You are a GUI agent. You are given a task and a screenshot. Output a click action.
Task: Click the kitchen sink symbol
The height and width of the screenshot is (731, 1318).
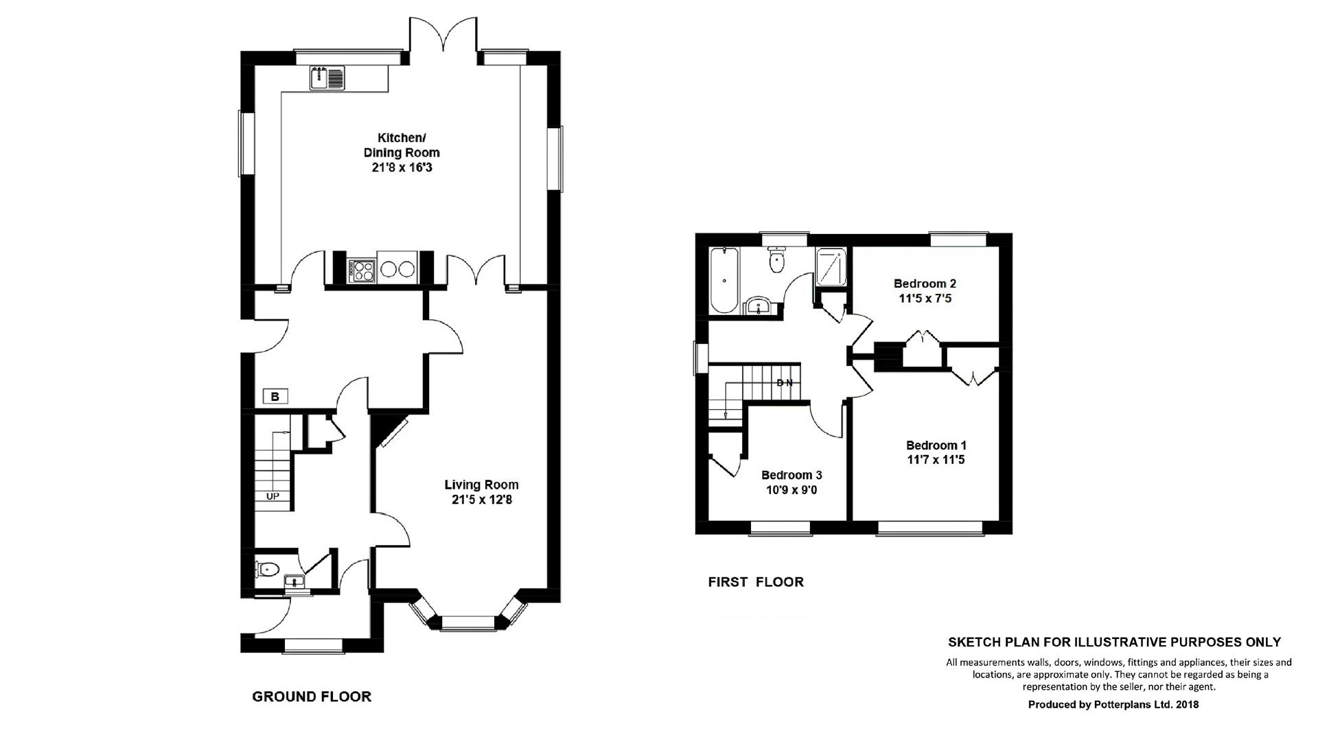pyautogui.click(x=327, y=78)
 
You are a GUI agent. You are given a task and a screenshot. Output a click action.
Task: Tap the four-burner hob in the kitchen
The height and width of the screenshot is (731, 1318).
pyautogui.click(x=361, y=269)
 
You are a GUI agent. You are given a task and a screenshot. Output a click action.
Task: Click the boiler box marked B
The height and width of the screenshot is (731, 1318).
pyautogui.click(x=275, y=396)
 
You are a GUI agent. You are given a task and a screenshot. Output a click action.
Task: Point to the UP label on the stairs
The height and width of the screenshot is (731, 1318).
pyautogui.click(x=273, y=496)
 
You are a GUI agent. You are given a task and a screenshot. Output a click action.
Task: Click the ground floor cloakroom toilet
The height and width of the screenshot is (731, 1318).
pyautogui.click(x=268, y=568)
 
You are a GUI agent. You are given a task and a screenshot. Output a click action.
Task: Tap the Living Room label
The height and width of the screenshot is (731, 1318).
pyautogui.click(x=481, y=485)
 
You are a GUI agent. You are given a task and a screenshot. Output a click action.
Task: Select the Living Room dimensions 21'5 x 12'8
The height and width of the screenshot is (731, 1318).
pyautogui.click(x=481, y=500)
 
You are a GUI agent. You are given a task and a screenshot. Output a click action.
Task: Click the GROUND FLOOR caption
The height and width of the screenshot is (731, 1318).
pyautogui.click(x=312, y=697)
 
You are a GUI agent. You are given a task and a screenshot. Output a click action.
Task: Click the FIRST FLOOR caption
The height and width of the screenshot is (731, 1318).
pyautogui.click(x=756, y=582)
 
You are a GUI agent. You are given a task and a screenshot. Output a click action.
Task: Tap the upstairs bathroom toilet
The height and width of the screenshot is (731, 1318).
pyautogui.click(x=776, y=259)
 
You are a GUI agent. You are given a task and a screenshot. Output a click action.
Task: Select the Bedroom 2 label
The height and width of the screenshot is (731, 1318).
pyautogui.click(x=925, y=283)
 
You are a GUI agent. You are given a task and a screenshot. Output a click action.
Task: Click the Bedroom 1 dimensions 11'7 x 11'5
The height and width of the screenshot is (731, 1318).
pyautogui.click(x=936, y=460)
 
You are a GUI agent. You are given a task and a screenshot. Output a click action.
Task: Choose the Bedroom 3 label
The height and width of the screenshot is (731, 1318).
pyautogui.click(x=791, y=475)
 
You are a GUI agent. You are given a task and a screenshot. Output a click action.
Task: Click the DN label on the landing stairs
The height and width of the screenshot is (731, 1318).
pyautogui.click(x=785, y=382)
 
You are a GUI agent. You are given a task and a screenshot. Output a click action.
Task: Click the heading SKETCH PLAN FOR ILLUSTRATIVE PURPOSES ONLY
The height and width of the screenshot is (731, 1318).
pyautogui.click(x=1114, y=642)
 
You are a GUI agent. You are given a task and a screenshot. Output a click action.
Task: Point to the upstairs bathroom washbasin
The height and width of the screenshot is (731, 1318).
pyautogui.click(x=759, y=305)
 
